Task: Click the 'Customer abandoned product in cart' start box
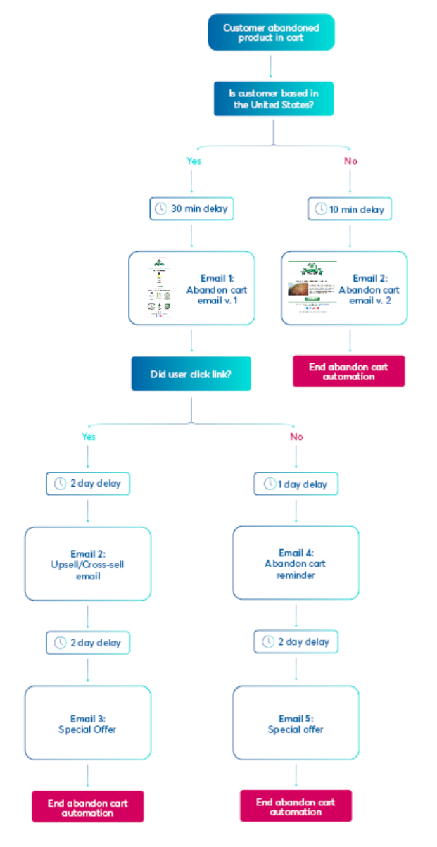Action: [271, 32]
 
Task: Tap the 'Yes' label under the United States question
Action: [194, 161]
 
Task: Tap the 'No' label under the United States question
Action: [350, 161]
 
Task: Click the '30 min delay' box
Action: [191, 209]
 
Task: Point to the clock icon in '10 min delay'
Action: [321, 209]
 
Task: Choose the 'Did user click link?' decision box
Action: [191, 374]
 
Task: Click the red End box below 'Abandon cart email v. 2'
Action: [349, 371]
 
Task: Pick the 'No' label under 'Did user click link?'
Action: [296, 437]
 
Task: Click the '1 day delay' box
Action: [296, 484]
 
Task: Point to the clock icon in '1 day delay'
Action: [270, 484]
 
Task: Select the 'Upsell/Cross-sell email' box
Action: [87, 564]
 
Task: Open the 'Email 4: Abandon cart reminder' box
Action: [296, 563]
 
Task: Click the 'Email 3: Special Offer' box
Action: [87, 723]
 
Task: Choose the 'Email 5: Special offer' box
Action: [296, 723]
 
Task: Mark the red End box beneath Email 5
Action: [296, 806]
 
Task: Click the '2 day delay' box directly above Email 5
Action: [296, 642]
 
